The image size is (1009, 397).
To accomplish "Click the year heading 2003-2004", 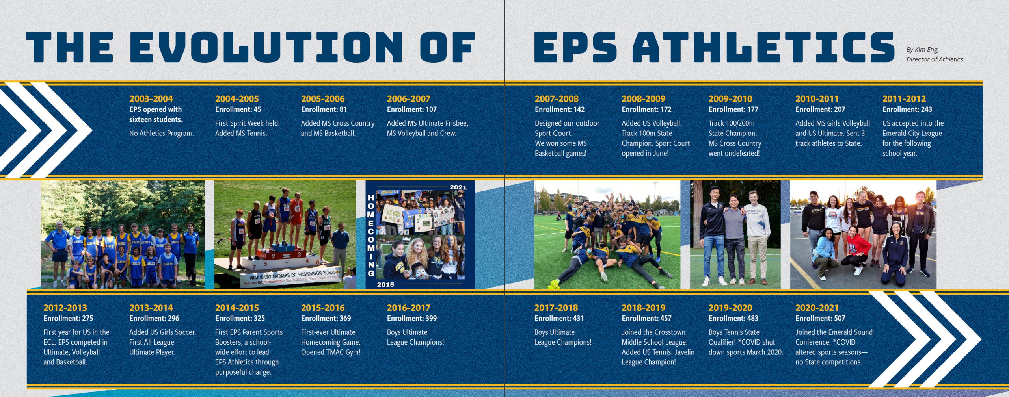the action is click(151, 99).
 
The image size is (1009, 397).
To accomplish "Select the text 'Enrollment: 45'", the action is click(238, 109).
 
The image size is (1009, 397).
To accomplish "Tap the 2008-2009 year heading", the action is click(643, 99).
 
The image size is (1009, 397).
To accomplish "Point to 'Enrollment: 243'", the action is click(907, 109).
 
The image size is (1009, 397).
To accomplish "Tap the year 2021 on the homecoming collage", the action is click(458, 187).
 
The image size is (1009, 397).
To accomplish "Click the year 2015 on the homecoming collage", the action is click(385, 284).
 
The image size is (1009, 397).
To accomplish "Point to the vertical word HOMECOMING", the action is click(371, 235).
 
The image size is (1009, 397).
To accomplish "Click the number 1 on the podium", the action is click(287, 249).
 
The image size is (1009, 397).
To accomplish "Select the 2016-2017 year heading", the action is click(408, 308).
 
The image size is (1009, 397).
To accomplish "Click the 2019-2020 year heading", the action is click(730, 308).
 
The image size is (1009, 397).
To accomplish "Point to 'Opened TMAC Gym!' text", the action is click(331, 352).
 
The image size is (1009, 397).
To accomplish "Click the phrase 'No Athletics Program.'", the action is click(162, 134).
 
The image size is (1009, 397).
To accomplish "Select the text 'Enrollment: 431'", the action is click(559, 318).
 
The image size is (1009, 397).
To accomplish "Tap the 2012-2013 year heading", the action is click(65, 308).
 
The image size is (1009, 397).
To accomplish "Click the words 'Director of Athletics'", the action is click(935, 59).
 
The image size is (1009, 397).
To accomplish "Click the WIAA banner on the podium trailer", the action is click(291, 277).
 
